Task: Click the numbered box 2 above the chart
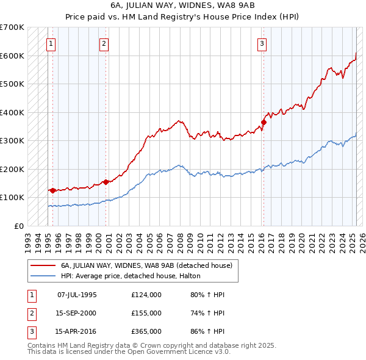104,43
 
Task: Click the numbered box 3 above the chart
262,43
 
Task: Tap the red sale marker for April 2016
264,122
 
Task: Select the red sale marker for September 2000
106,181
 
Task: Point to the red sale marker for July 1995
53,190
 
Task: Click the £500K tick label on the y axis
12,84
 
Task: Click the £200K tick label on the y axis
12,169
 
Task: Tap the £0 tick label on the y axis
19,226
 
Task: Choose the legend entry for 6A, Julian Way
146,265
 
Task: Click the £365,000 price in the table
146,332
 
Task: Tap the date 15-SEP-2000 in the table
77,313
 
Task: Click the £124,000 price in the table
146,295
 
